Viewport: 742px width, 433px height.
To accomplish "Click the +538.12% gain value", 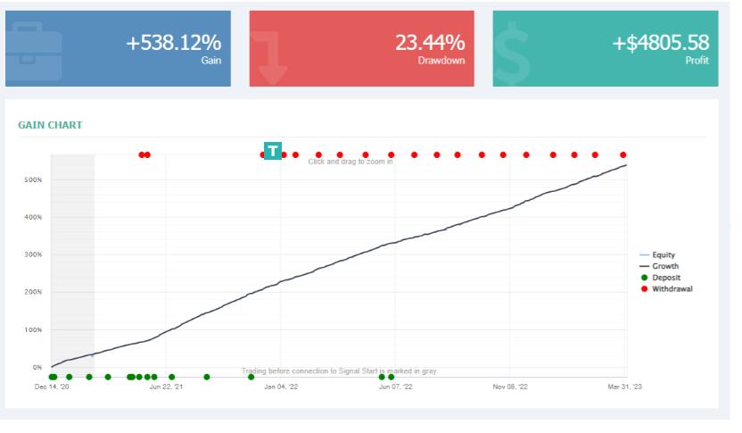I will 173,42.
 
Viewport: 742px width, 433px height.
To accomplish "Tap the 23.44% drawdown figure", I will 430,42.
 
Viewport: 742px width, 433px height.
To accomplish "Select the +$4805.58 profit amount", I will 660,42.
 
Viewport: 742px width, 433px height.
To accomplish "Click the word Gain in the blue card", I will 211,61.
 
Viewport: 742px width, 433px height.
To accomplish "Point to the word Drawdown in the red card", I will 441,61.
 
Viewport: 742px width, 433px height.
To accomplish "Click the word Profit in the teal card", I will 697,61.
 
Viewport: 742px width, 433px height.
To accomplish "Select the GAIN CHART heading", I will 50,125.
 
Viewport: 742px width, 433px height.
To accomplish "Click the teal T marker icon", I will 273,151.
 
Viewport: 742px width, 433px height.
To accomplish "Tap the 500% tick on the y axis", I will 34,179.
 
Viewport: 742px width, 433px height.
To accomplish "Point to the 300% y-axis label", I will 34,254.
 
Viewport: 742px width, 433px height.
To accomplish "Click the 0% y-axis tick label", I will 37,367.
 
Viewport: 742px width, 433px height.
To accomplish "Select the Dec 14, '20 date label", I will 52,387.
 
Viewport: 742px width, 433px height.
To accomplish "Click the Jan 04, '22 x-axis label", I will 281,387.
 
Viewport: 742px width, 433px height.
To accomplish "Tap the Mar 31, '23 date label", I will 624,387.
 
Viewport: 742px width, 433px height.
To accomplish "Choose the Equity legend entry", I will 663,255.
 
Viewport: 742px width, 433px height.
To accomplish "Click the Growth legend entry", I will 664,266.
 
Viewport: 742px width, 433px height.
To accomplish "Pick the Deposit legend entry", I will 665,278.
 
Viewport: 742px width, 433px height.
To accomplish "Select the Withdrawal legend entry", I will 672,289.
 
